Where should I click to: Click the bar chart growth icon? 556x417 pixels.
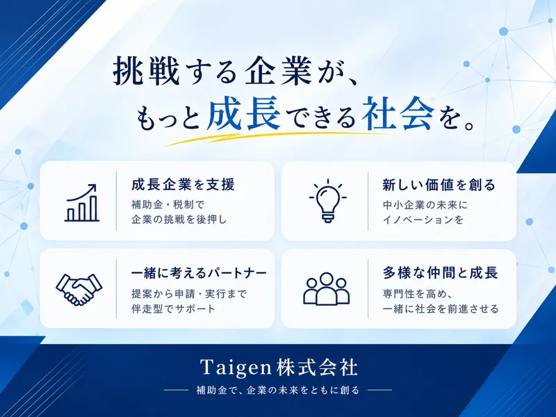81,203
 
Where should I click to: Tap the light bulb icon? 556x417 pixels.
327,201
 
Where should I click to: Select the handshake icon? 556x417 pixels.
79,289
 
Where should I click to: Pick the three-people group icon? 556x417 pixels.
326,289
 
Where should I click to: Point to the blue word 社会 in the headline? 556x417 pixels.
398,113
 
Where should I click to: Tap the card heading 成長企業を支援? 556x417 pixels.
183,185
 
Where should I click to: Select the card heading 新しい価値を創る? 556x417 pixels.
439,185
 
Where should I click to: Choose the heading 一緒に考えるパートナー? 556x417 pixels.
199,272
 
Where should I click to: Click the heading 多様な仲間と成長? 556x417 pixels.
440,272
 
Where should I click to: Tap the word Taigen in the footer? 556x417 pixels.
236,368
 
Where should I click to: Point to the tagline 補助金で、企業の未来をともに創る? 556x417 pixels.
278,391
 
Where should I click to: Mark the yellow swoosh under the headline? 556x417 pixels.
277,138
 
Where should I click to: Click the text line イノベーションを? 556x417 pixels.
423,220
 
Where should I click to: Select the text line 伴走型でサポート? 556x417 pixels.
173,309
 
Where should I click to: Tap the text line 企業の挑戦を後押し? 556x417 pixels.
179,220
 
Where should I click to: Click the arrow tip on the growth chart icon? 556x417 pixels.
96,185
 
